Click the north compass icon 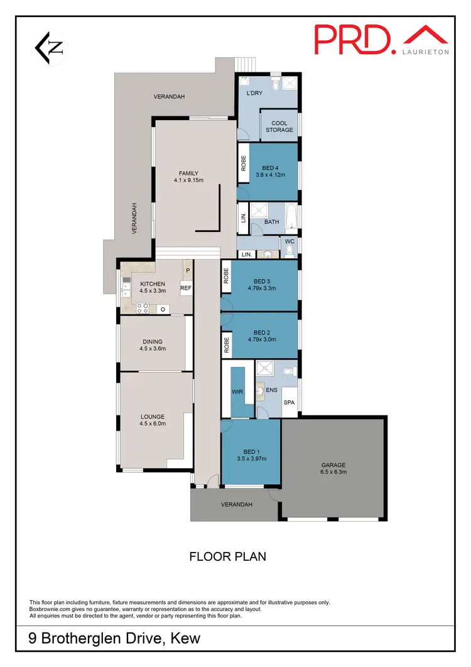[x=48, y=48]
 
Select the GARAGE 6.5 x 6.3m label [x=334, y=468]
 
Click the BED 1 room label [x=250, y=452]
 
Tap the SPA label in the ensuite [x=290, y=402]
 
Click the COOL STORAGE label [x=279, y=126]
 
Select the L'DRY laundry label [x=254, y=93]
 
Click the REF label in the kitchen [x=186, y=289]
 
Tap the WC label [x=290, y=240]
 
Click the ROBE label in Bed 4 [x=244, y=164]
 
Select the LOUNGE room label [x=153, y=416]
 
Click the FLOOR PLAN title [x=227, y=556]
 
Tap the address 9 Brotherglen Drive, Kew [x=115, y=639]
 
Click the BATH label [x=271, y=222]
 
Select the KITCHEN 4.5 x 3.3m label [x=153, y=287]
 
